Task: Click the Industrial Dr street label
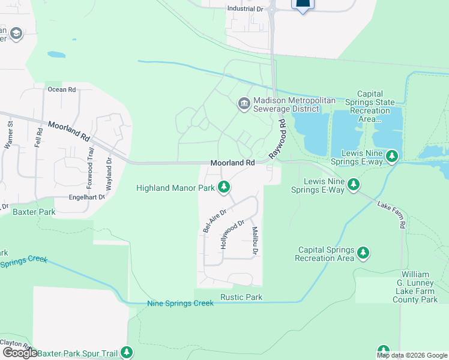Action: (246, 9)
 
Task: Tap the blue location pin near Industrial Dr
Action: (303, 5)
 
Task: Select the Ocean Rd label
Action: (62, 89)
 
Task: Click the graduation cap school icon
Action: (16, 34)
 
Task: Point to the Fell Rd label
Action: (40, 137)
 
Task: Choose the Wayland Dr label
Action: (109, 173)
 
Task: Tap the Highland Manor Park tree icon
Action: (224, 188)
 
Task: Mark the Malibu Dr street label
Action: (255, 241)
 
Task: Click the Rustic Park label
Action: (241, 297)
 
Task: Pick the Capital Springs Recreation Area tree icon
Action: (363, 253)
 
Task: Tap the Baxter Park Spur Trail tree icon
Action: (127, 352)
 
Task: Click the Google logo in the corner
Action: (20, 353)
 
